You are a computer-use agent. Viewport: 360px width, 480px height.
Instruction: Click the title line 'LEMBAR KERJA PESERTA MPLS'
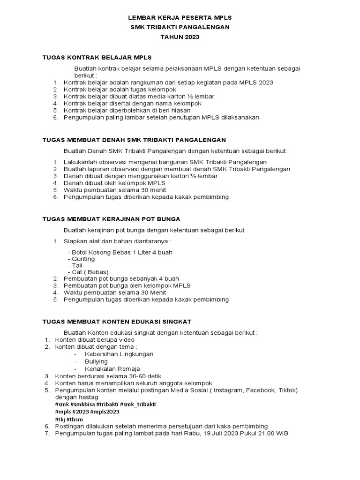point(180,17)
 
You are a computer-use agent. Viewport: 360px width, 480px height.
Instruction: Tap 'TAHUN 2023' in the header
point(180,37)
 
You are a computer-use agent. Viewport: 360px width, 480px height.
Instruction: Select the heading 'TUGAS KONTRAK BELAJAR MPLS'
point(97,57)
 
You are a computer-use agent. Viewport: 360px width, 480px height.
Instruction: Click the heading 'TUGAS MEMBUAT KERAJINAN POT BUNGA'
point(111,219)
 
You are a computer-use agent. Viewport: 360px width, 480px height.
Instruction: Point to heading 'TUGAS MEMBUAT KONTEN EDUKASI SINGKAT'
point(117,321)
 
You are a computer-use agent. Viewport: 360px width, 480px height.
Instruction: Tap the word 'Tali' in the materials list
point(77,265)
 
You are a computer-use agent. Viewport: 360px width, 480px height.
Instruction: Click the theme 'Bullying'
point(96,361)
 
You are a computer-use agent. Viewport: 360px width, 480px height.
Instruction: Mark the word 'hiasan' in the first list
point(180,110)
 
